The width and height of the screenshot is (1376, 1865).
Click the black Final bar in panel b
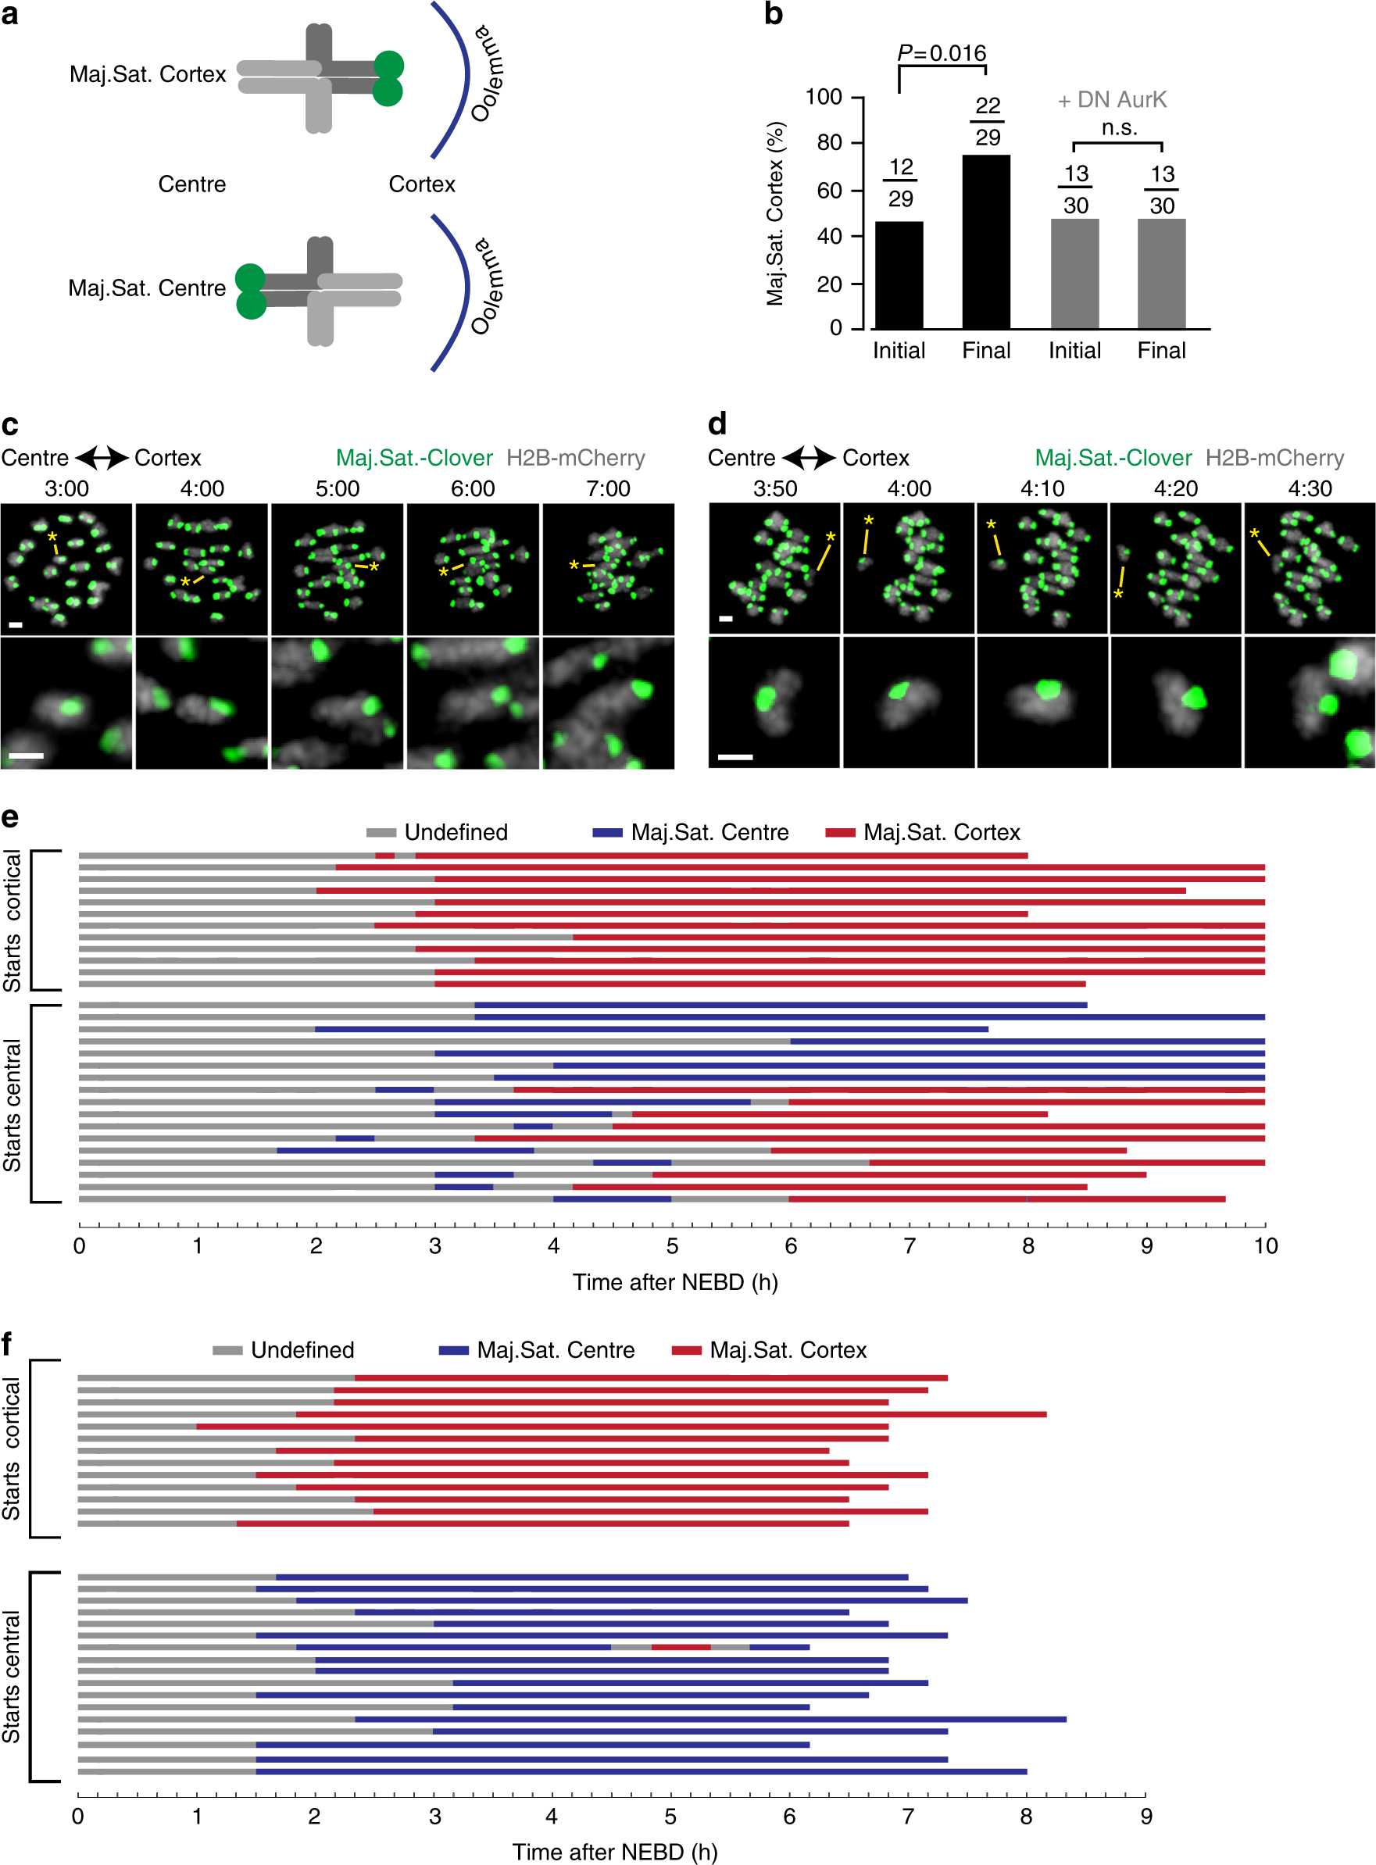coord(985,241)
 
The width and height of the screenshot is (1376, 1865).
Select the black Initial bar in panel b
coord(899,275)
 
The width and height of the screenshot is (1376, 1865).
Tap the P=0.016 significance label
coord(942,54)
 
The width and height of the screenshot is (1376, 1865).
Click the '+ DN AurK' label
coord(1112,100)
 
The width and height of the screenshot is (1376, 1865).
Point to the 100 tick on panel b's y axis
coord(824,98)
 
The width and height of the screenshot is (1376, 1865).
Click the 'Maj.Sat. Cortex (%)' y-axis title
coord(775,214)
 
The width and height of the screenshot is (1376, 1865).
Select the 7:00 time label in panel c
coord(608,489)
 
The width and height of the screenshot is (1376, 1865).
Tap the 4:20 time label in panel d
coord(1175,489)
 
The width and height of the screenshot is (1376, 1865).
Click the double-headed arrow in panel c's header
coord(102,458)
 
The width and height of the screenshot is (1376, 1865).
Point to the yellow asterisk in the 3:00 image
coord(52,537)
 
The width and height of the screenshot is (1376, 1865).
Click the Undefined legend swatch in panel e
coord(381,833)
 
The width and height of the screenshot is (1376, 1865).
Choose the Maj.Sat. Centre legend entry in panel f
coord(556,1350)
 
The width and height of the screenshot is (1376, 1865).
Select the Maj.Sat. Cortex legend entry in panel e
coord(942,833)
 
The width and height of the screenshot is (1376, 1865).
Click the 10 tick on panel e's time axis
coord(1265,1246)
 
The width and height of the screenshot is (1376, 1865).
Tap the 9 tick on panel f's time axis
coord(1146,1817)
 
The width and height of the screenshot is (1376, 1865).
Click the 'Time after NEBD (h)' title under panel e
coord(674,1282)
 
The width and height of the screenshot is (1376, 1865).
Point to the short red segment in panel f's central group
coord(681,1648)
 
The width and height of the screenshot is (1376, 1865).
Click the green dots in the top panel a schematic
coord(388,78)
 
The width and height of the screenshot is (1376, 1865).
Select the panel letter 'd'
coord(717,425)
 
